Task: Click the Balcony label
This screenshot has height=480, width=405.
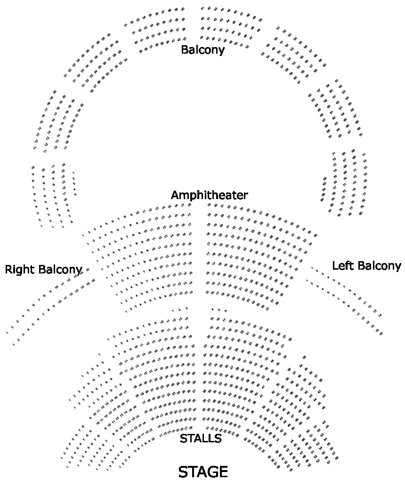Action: click(202, 49)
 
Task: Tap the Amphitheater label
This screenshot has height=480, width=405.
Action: click(209, 195)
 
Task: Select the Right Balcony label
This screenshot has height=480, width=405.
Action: click(43, 270)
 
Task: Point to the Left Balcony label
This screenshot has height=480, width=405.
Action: click(366, 266)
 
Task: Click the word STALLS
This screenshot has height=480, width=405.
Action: click(201, 439)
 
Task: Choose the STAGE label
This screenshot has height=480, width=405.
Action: click(203, 472)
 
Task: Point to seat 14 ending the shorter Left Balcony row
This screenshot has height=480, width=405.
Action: click(380, 315)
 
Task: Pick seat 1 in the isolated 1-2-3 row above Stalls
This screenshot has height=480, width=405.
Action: click(173, 310)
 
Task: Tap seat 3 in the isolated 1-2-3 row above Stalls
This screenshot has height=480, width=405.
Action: click(186, 309)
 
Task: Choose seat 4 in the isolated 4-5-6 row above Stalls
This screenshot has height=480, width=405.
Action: click(212, 309)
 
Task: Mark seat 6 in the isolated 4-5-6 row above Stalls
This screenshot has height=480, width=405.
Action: click(226, 311)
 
